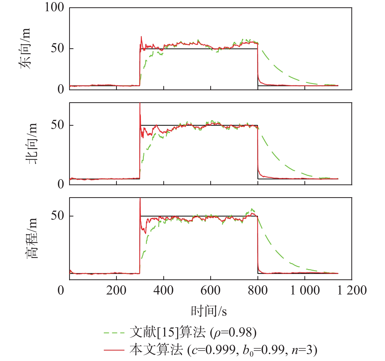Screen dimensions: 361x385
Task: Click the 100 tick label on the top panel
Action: tap(54, 7)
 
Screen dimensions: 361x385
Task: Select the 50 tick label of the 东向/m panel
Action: tap(57, 48)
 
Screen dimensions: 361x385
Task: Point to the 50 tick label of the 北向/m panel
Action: tap(57, 125)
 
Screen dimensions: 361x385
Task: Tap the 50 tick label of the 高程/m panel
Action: tap(57, 216)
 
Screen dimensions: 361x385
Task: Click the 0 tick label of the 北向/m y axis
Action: tap(61, 184)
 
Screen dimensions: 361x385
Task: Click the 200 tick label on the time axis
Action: tap(116, 290)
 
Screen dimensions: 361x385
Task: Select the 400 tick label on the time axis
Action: tap(164, 290)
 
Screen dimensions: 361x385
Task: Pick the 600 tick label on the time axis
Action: tap(210, 290)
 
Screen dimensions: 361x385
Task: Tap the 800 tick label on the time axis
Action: tap(258, 290)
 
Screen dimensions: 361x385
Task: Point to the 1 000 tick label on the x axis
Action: tap(305, 290)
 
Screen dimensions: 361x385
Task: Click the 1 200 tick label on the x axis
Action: tap(352, 290)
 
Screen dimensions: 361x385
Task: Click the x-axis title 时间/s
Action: tap(209, 311)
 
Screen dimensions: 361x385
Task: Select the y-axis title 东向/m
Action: tap(26, 49)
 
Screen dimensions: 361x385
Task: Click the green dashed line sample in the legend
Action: tap(114, 333)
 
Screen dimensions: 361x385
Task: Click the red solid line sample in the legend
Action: tap(114, 350)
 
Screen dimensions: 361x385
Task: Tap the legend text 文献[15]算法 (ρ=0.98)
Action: tap(193, 333)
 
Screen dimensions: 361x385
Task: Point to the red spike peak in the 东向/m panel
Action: tap(141, 37)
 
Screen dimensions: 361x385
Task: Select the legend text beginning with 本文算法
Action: tap(223, 350)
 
